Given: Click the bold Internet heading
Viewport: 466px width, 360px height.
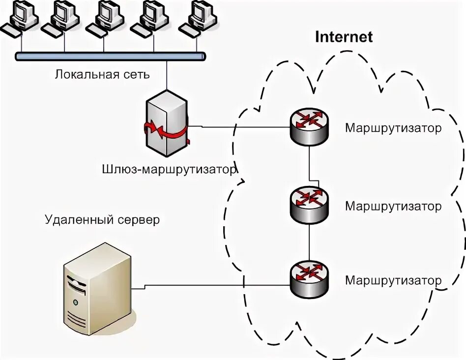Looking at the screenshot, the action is click(x=344, y=37).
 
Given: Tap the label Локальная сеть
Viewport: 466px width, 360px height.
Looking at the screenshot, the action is click(x=102, y=74).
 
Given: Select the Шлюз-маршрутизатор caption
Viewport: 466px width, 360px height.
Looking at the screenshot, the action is click(x=170, y=170).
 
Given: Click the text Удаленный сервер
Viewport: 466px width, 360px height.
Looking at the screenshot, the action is click(x=102, y=220).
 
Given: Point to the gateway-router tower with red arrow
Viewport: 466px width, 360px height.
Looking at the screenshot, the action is click(x=167, y=123).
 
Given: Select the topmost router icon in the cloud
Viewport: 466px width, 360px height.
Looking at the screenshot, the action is click(x=309, y=126).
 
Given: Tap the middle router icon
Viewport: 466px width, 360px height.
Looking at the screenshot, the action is click(x=309, y=205).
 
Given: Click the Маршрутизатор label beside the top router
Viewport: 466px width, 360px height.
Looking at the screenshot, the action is click(x=393, y=128).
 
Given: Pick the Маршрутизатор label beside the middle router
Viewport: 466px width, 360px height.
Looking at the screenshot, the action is click(x=393, y=206).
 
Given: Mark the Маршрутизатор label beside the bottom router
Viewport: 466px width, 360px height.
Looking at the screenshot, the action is click(x=393, y=280).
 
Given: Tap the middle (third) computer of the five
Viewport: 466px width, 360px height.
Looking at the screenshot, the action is click(x=105, y=18).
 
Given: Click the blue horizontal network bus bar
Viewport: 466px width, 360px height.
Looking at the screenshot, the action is click(x=111, y=56).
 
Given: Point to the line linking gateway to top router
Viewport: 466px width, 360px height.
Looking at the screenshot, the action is click(x=239, y=127).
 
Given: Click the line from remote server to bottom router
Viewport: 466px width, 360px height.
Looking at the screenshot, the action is click(x=210, y=286).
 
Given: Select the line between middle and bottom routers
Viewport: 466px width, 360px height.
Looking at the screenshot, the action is click(x=309, y=242).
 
